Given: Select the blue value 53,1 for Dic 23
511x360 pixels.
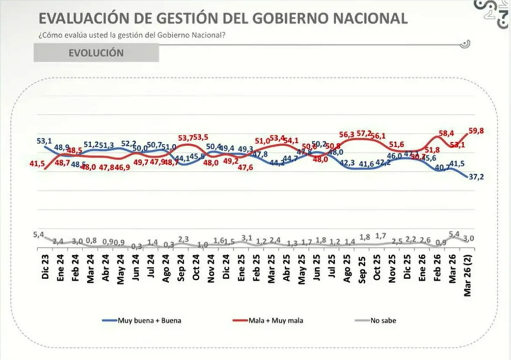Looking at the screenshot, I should (x=44, y=140).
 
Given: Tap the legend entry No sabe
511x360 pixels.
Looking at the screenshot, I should (x=383, y=321).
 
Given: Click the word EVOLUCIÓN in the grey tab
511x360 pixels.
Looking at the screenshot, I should (x=96, y=54).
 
